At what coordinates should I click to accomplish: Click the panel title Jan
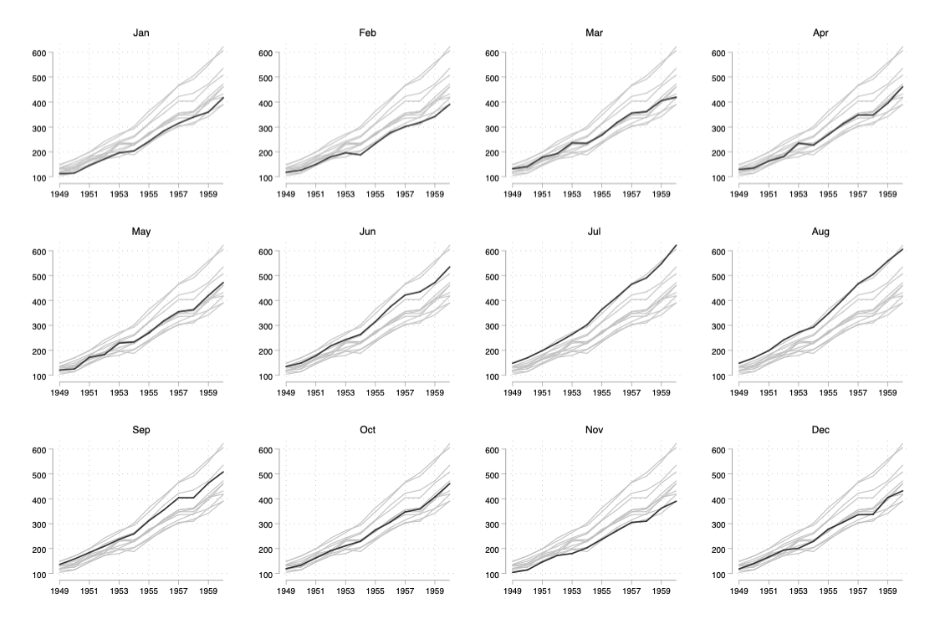(141, 33)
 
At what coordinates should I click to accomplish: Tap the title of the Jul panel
(593, 231)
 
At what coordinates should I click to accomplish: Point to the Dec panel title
(819, 429)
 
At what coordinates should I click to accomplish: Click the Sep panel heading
(141, 429)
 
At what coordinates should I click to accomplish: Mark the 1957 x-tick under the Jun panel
(406, 391)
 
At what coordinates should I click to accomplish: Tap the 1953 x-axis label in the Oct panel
(345, 590)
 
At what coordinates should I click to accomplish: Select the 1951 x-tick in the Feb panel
(315, 193)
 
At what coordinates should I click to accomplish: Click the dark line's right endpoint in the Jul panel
(676, 245)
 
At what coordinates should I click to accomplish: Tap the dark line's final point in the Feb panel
(450, 105)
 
